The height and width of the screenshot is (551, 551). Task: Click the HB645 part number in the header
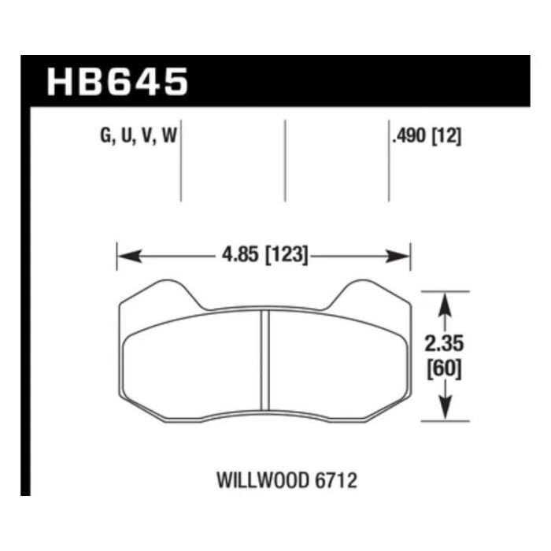[x=117, y=82]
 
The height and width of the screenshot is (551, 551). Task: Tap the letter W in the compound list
[x=169, y=135]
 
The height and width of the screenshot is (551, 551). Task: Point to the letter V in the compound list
[x=148, y=135]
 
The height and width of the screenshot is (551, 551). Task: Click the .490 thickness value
[x=409, y=135]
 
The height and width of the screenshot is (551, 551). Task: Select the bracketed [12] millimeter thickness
[x=446, y=135]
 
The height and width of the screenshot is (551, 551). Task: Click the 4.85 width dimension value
[x=239, y=254]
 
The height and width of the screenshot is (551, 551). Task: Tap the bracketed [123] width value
[x=287, y=254]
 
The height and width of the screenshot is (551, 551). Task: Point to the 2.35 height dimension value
[x=444, y=344]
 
